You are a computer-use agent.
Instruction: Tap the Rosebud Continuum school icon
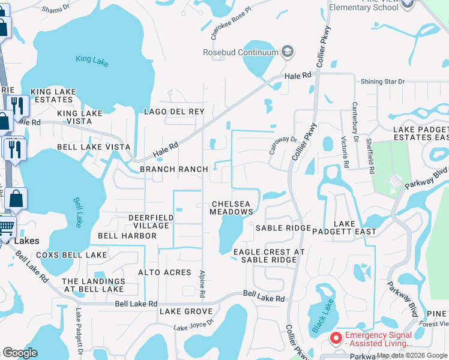point(288,52)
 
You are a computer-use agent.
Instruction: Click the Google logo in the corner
point(20,353)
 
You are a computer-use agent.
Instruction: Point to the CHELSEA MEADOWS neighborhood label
point(232,208)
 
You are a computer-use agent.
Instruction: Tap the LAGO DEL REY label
point(174,112)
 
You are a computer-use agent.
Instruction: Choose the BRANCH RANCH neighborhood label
point(173,169)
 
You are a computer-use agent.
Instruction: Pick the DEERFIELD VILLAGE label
point(148,221)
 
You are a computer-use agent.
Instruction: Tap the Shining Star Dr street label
point(383,82)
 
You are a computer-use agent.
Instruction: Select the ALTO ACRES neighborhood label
point(164,272)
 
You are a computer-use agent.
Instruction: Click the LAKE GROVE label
point(186,311)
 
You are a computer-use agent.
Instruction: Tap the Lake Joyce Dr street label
point(193,325)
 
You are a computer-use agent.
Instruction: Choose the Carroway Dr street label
point(283,145)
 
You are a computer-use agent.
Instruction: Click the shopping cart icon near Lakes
point(6,226)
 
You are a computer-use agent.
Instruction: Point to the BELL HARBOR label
point(127,236)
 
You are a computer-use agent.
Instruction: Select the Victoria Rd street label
point(345,152)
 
